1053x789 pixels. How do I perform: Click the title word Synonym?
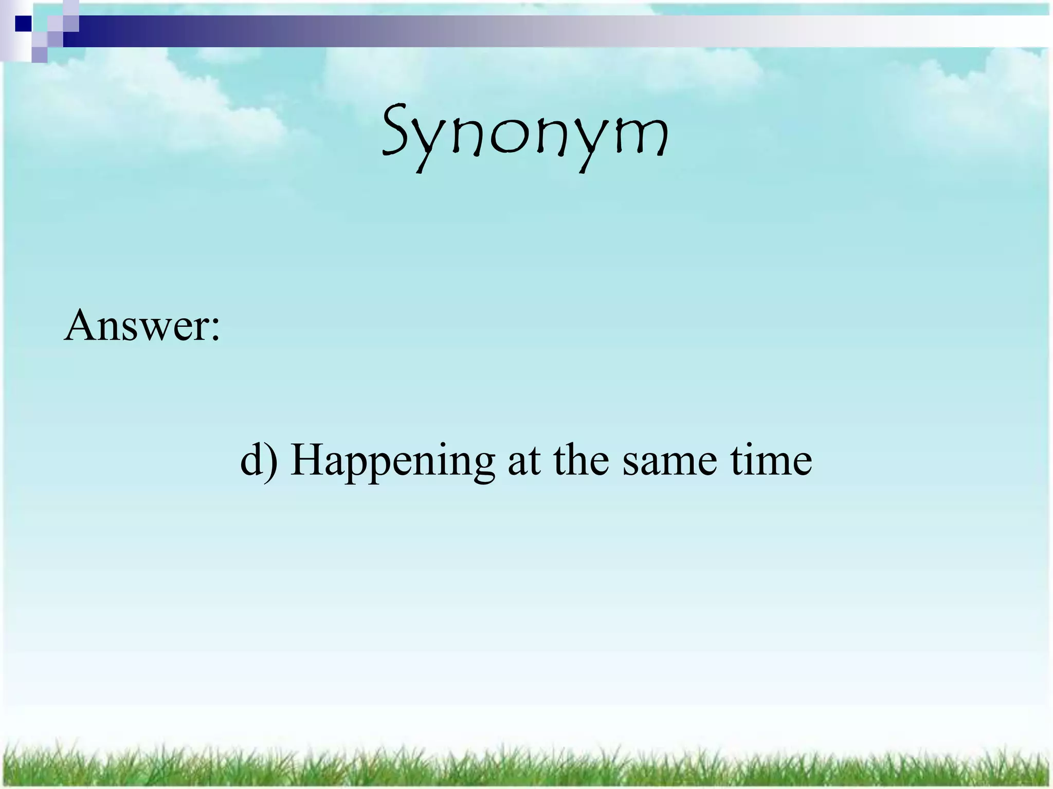[x=525, y=135]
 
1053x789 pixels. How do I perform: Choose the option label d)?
[x=259, y=459]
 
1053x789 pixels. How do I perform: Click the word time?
[x=771, y=459]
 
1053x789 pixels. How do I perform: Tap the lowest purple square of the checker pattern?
[x=40, y=54]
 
